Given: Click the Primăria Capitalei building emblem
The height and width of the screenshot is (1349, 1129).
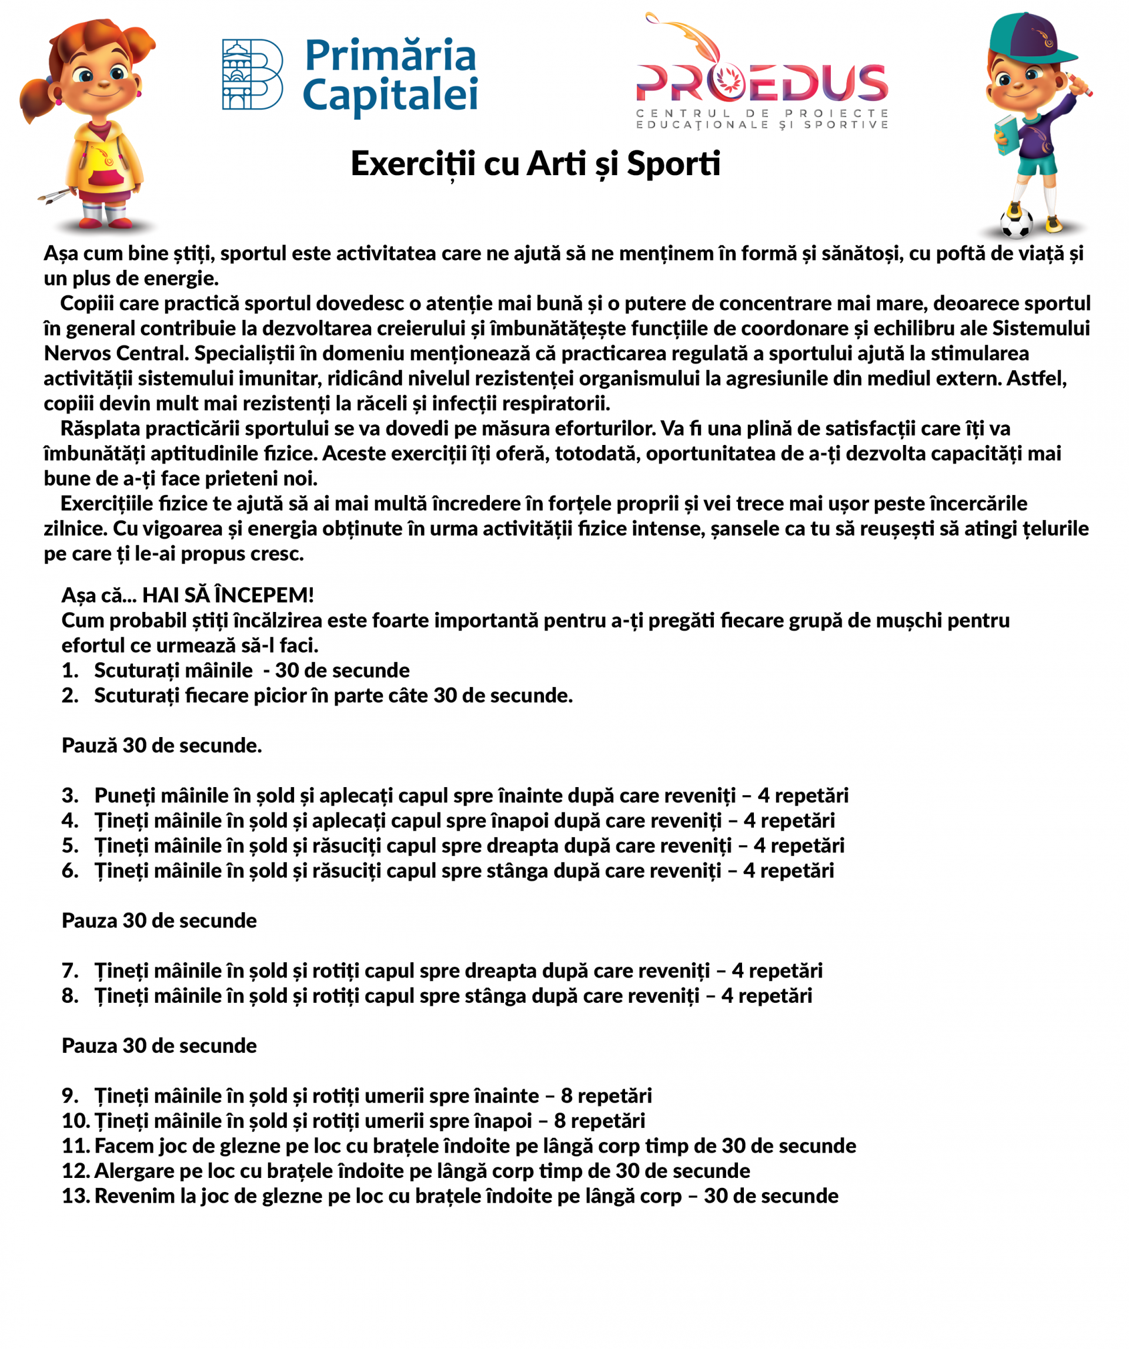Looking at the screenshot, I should click(252, 75).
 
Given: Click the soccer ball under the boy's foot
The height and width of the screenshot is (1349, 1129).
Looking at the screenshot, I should click(1016, 223).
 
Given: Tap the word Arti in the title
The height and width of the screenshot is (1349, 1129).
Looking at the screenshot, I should click(556, 164).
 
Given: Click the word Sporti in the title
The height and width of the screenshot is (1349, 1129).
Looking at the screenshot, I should click(673, 164).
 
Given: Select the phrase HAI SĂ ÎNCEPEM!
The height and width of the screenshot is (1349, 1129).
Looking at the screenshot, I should click(228, 595).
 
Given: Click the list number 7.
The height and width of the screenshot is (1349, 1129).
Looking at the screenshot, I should click(69, 970).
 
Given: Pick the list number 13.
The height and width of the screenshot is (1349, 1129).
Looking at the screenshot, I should click(76, 1196).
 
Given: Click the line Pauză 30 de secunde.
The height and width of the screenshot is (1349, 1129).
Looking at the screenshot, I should click(162, 746).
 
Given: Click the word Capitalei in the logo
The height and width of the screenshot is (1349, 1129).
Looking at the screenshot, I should click(390, 95).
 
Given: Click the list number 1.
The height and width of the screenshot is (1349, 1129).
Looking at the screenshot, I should click(69, 671).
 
